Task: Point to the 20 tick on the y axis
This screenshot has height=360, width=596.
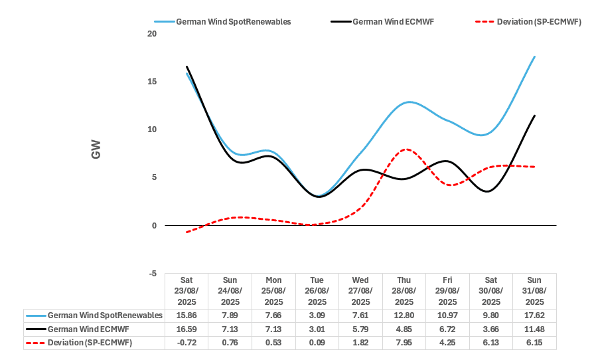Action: pyautogui.click(x=151, y=34)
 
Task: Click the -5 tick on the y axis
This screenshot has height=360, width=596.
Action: pyautogui.click(x=152, y=274)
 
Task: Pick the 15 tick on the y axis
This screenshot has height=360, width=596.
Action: pyautogui.click(x=151, y=82)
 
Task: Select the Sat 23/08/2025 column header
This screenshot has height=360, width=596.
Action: pyautogui.click(x=186, y=291)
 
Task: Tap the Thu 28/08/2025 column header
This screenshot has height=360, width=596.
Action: pyautogui.click(x=404, y=291)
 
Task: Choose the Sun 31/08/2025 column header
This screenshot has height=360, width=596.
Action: pyautogui.click(x=534, y=291)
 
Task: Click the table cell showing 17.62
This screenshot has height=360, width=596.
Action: pyautogui.click(x=534, y=315)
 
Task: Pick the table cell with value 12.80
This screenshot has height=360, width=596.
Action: pyautogui.click(x=404, y=315)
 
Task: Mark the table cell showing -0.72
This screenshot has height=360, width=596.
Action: pyautogui.click(x=186, y=342)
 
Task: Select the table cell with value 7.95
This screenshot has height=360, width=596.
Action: pyautogui.click(x=404, y=342)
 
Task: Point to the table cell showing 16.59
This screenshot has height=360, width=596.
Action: pyautogui.click(x=186, y=329)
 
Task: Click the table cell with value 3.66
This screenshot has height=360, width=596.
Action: pyautogui.click(x=490, y=329)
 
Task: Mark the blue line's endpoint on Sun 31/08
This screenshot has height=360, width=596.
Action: pyautogui.click(x=534, y=56)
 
